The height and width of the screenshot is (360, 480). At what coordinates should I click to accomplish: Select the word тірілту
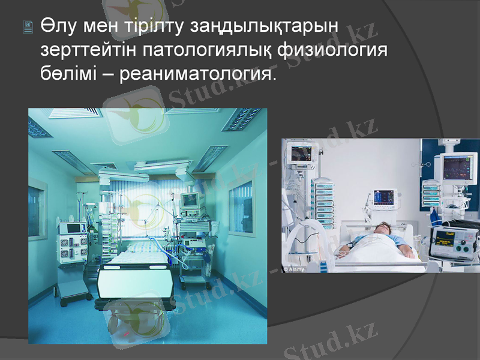point(155,28)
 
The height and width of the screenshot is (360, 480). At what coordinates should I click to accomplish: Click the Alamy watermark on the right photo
point(295,269)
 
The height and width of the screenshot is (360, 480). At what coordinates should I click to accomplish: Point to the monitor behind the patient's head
point(385,197)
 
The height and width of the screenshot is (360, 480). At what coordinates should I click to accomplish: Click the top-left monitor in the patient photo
point(304,152)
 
